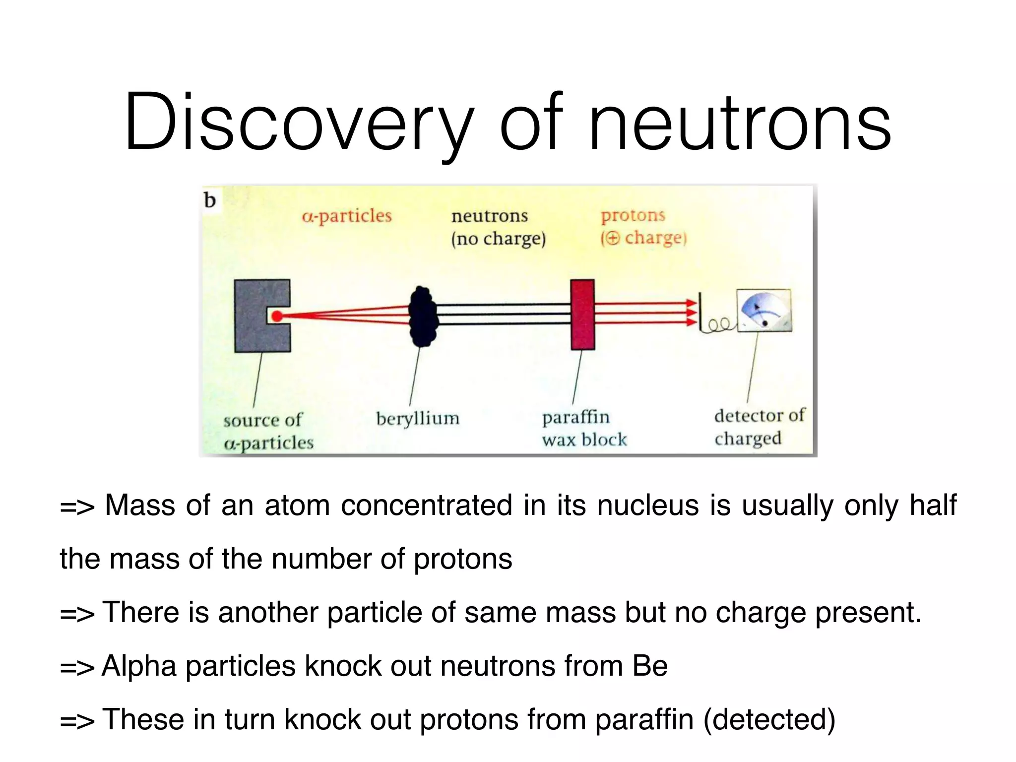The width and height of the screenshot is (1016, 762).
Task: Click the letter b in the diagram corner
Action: [x=210, y=200]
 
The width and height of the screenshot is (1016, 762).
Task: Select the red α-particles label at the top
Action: [x=347, y=216]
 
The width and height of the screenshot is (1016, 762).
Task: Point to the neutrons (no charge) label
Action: [x=498, y=227]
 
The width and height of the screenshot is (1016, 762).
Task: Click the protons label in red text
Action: [x=633, y=215]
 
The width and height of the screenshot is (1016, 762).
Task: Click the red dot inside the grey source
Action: [x=277, y=316]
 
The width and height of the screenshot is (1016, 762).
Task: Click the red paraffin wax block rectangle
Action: [x=582, y=315]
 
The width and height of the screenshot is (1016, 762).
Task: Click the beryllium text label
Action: [x=418, y=419]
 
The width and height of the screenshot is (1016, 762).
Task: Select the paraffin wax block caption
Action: [x=583, y=429]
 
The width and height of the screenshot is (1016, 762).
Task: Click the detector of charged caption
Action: [x=759, y=427]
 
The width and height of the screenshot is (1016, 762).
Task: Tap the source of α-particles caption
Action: [x=268, y=431]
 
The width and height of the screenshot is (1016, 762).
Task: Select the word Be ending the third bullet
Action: [x=650, y=666]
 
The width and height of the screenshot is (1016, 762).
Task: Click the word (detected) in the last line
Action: [x=769, y=720]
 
